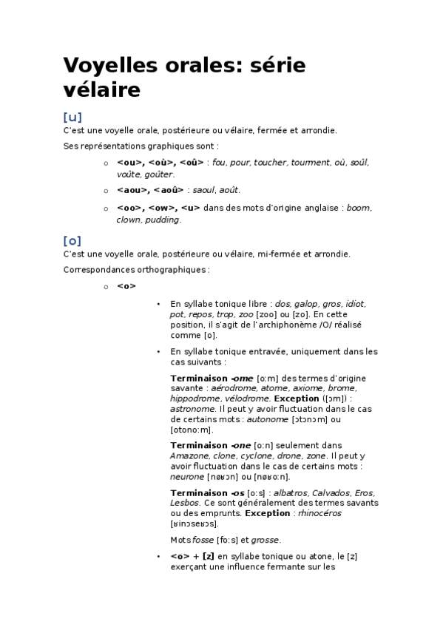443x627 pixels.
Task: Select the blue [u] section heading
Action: click(x=72, y=117)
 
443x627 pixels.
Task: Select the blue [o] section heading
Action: click(x=72, y=240)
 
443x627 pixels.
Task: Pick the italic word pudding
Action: click(x=163, y=220)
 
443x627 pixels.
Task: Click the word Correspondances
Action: click(x=98, y=270)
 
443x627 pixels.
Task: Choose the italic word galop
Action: click(x=306, y=304)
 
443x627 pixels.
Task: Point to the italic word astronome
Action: click(x=194, y=408)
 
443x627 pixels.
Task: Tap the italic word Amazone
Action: click(x=188, y=456)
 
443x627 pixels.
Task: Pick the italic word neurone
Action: click(x=186, y=477)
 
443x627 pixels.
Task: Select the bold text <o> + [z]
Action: click(x=192, y=556)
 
